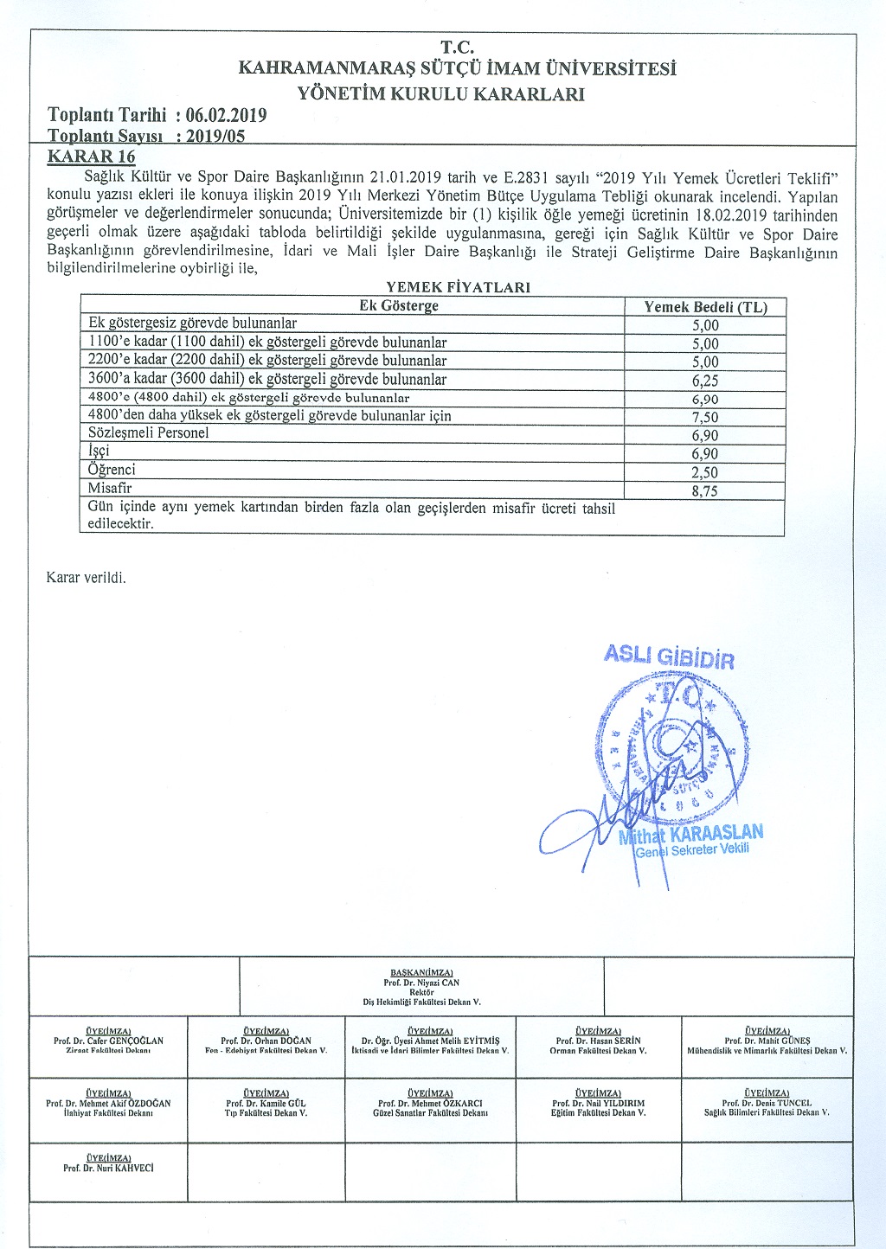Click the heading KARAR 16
(x=91, y=157)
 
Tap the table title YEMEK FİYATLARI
(x=458, y=287)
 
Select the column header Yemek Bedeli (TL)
(x=705, y=306)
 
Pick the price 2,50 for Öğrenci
(x=705, y=472)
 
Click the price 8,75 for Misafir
(x=705, y=490)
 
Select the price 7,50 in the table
(x=705, y=417)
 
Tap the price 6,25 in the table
(x=705, y=381)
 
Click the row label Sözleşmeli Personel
(x=149, y=432)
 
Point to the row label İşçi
(x=99, y=451)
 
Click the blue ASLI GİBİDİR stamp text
(x=669, y=657)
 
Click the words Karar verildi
(x=86, y=578)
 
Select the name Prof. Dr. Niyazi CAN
(x=421, y=983)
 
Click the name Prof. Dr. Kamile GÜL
(x=266, y=1104)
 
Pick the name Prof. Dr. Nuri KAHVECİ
(x=108, y=1168)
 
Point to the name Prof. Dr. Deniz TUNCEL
(x=767, y=1104)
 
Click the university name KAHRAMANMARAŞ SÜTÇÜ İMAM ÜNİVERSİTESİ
(x=457, y=68)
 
